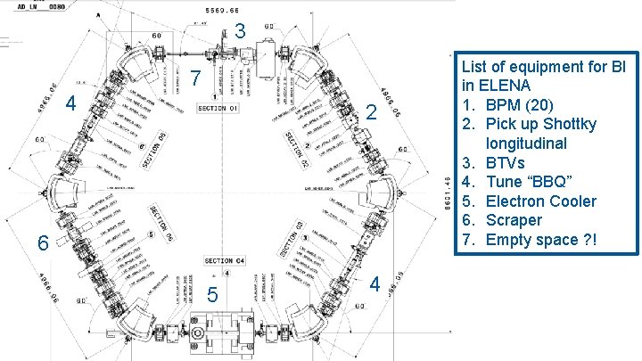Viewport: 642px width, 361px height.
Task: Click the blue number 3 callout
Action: tap(242, 32)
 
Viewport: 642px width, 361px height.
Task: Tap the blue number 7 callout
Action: tap(195, 80)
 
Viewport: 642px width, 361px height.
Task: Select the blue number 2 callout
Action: tap(373, 113)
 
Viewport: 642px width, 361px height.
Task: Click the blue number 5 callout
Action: tap(211, 296)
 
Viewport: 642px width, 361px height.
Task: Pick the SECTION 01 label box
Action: tap(218, 109)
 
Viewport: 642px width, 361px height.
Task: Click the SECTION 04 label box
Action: tap(224, 261)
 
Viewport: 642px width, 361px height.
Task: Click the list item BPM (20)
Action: tap(527, 104)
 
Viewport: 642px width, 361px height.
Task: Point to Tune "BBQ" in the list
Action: tap(534, 182)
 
